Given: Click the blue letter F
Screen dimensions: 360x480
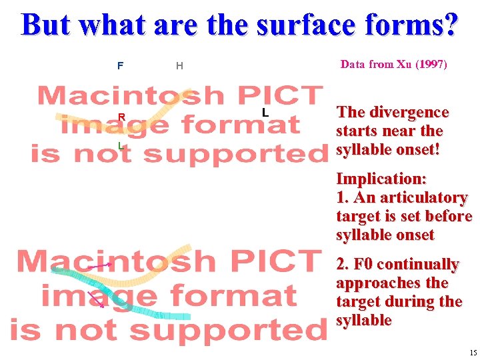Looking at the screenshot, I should point(120,65).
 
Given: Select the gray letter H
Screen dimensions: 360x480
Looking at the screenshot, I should point(179,65).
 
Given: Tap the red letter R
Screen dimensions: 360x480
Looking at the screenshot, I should point(121,117).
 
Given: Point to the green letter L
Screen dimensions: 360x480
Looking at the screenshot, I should point(120,145).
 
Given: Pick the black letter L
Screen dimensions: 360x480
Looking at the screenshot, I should point(265,113).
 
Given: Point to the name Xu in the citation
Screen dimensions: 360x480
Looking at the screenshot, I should point(404,65).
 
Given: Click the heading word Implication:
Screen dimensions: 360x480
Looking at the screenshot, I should point(381,179).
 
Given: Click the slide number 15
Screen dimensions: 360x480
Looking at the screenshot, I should point(473,353).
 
